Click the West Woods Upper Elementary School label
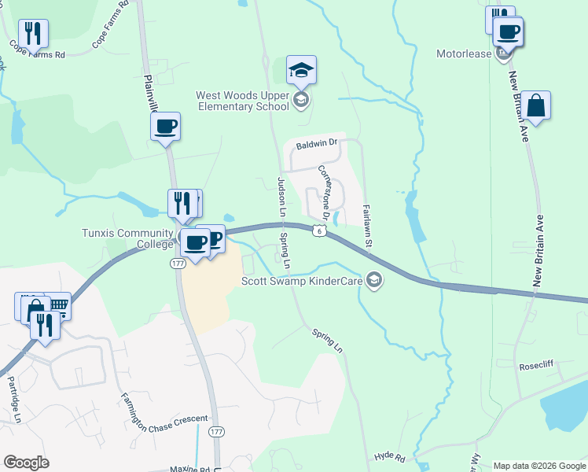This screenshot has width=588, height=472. point(241,101)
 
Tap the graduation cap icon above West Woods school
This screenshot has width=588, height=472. point(302,70)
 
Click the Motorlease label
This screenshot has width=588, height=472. point(464,54)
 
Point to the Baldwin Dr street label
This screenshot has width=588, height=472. point(316,143)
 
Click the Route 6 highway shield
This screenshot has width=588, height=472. point(317,230)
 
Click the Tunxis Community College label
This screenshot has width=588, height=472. point(127,238)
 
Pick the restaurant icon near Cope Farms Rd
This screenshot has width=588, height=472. point(33,33)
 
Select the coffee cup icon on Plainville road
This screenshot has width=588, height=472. point(166,126)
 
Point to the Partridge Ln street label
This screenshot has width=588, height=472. point(13,400)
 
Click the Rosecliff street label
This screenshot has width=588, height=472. point(538,367)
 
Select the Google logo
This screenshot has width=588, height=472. point(27,463)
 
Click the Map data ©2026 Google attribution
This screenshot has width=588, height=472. point(539,466)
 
